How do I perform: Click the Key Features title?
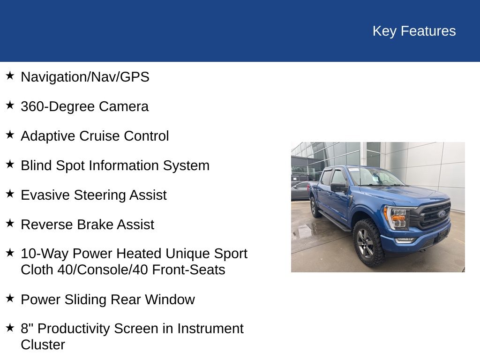coord(414,31)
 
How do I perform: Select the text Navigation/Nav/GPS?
coord(85,77)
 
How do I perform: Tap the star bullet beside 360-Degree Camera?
coord(10,105)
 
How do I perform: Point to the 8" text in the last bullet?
coord(26,329)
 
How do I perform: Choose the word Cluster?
coord(43,345)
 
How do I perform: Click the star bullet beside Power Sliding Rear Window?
coord(10,299)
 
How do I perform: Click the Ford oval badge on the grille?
coord(441,214)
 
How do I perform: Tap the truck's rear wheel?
coord(315,207)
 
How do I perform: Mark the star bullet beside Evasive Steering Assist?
coord(10,194)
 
